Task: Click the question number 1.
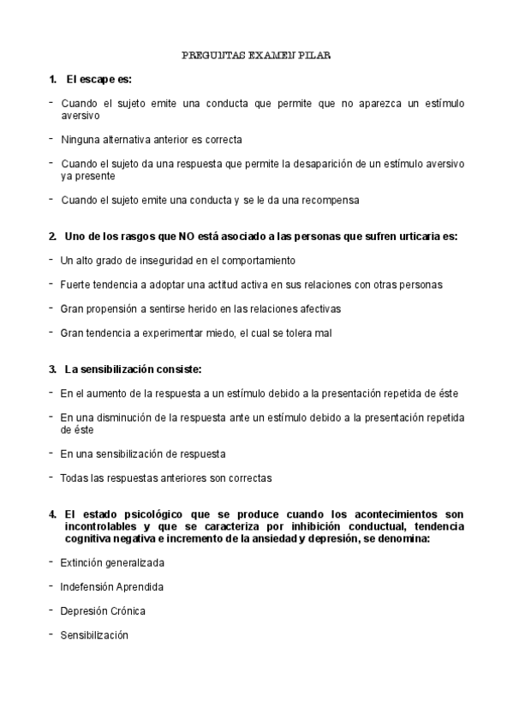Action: (52, 80)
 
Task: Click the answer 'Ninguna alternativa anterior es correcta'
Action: (152, 138)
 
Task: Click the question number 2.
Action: (52, 236)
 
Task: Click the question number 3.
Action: (52, 369)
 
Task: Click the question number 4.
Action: (52, 514)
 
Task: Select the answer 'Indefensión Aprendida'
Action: (111, 587)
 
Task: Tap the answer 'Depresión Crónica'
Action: (103, 611)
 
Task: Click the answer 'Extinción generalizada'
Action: (112, 562)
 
